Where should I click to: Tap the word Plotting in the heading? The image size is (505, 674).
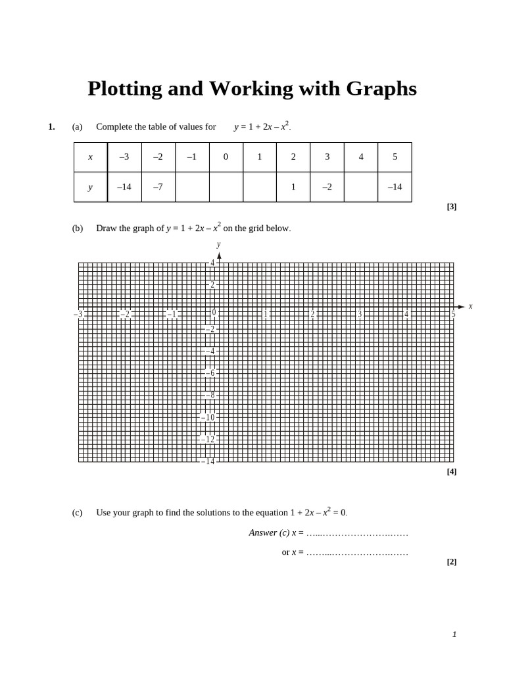126,89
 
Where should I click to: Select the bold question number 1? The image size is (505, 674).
51,126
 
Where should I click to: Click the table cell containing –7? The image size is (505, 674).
158,187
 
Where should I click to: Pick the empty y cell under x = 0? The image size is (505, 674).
226,187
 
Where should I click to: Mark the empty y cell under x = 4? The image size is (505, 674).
360,187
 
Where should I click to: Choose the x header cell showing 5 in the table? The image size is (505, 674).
395,157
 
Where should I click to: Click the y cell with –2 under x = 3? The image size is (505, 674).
327,187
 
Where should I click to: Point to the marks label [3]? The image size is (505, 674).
452,206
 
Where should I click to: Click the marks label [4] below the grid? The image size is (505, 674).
452,471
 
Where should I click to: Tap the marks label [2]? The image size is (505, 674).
452,561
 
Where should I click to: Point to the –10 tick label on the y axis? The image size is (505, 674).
208,417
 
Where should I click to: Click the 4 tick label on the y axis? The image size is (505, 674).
212,263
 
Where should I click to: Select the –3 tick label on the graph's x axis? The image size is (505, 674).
78,315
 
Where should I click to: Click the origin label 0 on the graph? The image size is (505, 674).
214,313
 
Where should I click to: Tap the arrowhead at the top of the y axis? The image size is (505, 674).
219,255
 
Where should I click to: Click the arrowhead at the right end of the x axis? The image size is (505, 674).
461,307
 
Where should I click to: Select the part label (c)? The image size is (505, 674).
78,513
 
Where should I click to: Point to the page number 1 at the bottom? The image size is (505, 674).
454,635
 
